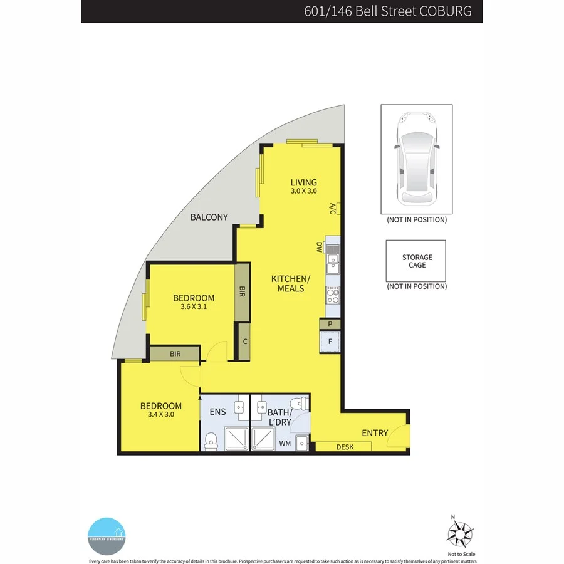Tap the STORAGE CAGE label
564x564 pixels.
click(417, 261)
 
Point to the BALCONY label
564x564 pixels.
click(209, 217)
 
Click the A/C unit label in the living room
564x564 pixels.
click(332, 209)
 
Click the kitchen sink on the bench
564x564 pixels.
click(333, 263)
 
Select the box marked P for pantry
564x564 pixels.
click(330, 324)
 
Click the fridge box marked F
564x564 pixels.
click(330, 342)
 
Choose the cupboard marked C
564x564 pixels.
click(243, 342)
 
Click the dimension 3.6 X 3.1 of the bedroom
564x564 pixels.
click(194, 307)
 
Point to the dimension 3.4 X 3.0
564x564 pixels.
click(161, 415)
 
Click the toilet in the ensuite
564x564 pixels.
click(211, 441)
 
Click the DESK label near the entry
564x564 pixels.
click(344, 447)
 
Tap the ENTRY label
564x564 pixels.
click(375, 433)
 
